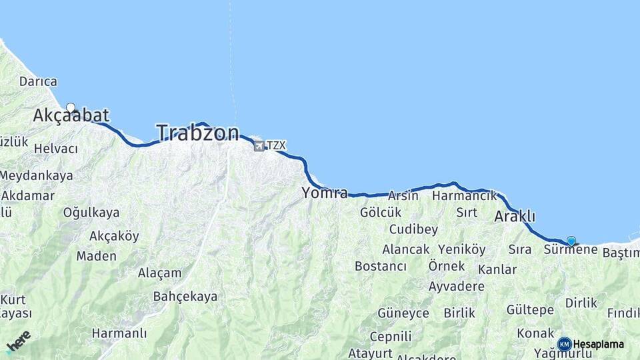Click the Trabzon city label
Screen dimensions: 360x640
197,133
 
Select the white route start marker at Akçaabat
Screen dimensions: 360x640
71,107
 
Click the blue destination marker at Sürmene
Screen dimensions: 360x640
571,241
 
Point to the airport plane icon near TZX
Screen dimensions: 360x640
259,146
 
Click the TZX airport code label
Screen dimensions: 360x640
276,145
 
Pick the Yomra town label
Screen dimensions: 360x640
325,193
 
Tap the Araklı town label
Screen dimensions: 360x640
515,217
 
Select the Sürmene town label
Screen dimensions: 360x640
571,250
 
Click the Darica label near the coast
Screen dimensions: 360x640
38,81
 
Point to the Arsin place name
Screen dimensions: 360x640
403,196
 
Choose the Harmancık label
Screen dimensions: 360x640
465,196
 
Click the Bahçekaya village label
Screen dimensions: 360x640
185,296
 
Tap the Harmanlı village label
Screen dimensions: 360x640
119,333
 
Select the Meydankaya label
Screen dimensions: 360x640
37,176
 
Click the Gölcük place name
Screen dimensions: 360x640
381,213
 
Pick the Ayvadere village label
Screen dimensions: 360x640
457,287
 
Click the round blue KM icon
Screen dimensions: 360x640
565,344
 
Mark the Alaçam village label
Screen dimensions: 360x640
159,273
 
